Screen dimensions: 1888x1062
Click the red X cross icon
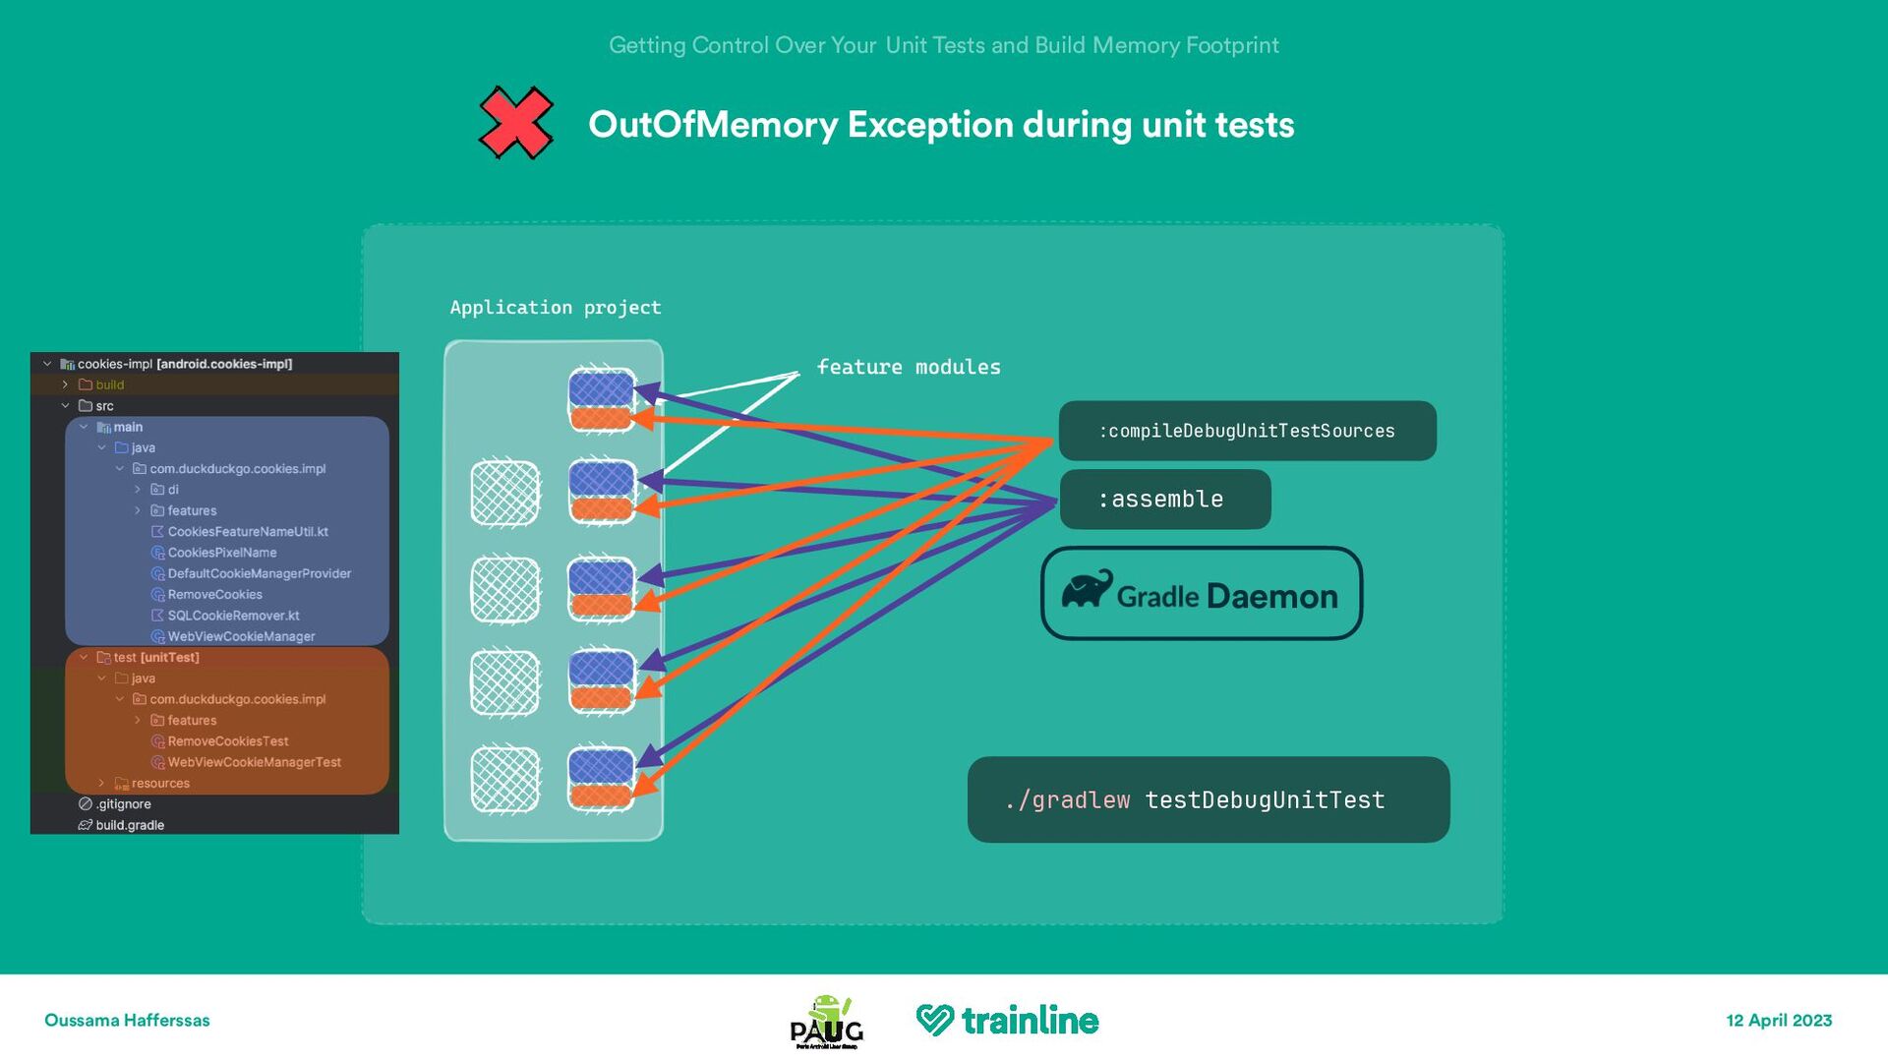[515, 123]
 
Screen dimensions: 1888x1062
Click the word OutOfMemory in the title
[712, 125]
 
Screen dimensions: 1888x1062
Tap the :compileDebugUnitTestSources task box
[1247, 431]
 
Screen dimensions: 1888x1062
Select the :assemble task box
[1164, 500]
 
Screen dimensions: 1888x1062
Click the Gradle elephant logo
[1086, 590]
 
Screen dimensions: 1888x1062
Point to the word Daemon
[1271, 596]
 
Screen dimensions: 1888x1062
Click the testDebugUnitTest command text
[1265, 800]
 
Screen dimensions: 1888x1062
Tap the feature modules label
[908, 367]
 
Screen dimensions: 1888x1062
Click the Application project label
[555, 308]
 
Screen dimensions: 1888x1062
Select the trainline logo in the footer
[1007, 1021]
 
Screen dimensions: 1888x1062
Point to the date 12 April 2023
[1779, 1021]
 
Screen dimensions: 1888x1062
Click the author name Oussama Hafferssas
[127, 1021]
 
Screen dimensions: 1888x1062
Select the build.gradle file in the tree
[130, 825]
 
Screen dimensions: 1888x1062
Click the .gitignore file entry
[123, 804]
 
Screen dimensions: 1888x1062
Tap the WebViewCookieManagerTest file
[254, 762]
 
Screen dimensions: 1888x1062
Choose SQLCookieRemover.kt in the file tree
[233, 616]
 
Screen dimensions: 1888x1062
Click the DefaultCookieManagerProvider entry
[259, 573]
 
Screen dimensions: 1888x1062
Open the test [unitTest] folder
[155, 658]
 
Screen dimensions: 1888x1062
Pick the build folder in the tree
[109, 384]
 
